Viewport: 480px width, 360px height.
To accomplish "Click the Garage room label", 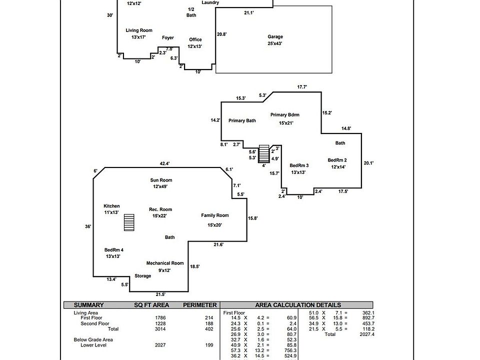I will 275,36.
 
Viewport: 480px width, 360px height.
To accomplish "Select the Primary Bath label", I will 242,120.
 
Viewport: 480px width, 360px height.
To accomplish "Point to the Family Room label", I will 215,215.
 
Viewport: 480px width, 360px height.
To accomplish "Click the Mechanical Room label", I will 165,263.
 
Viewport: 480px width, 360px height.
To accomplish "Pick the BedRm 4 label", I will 114,249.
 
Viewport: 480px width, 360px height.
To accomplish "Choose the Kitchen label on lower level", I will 111,206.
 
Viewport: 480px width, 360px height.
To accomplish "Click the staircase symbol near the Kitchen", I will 129,222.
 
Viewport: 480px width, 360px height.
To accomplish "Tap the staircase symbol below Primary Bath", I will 264,154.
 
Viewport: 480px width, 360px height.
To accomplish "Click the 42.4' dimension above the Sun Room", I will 164,163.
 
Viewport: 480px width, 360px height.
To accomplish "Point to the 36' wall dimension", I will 88,226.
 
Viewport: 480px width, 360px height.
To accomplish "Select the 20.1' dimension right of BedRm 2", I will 368,163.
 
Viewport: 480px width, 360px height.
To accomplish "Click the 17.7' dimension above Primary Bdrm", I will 302,87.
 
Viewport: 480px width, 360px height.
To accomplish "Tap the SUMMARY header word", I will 88,305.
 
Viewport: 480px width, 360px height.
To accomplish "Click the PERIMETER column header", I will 199,305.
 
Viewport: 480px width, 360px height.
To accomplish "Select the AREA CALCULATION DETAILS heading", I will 298,305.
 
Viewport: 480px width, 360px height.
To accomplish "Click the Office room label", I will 195,39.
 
